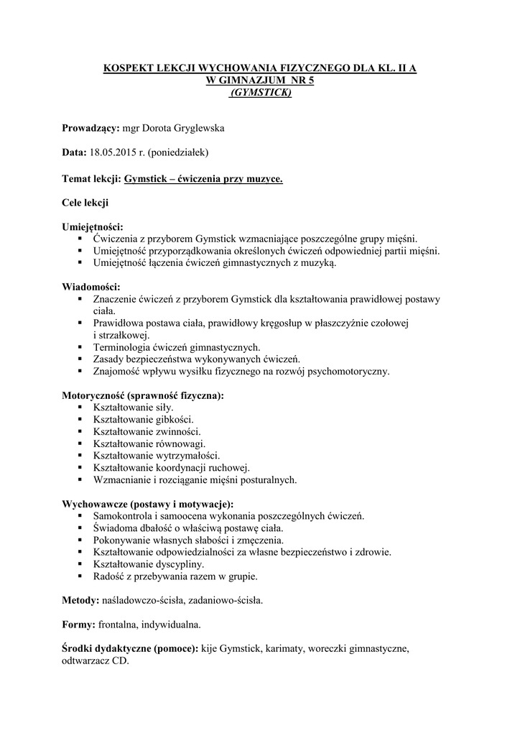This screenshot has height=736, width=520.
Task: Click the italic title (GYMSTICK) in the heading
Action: (x=260, y=92)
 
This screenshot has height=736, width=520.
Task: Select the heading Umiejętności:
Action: (x=93, y=226)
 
